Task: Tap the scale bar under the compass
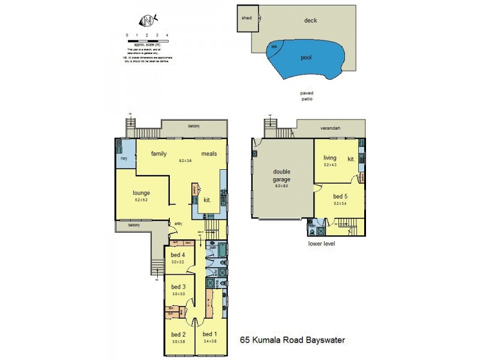147,41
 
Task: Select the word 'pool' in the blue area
310,58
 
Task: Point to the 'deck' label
310,20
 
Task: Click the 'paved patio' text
307,97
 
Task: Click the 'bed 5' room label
340,197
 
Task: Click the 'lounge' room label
141,193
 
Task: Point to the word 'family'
158,154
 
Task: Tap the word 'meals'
209,154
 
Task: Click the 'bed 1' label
210,334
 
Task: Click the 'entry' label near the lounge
178,224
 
